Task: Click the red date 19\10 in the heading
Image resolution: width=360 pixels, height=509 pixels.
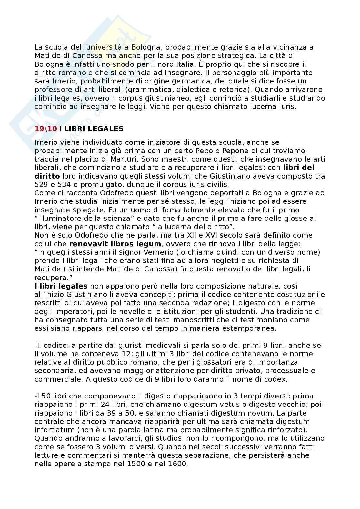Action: (x=46, y=129)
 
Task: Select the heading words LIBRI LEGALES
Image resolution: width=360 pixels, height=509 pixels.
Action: (x=94, y=129)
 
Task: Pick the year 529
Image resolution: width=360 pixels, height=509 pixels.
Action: (x=41, y=185)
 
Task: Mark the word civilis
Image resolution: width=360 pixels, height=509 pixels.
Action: (x=217, y=185)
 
